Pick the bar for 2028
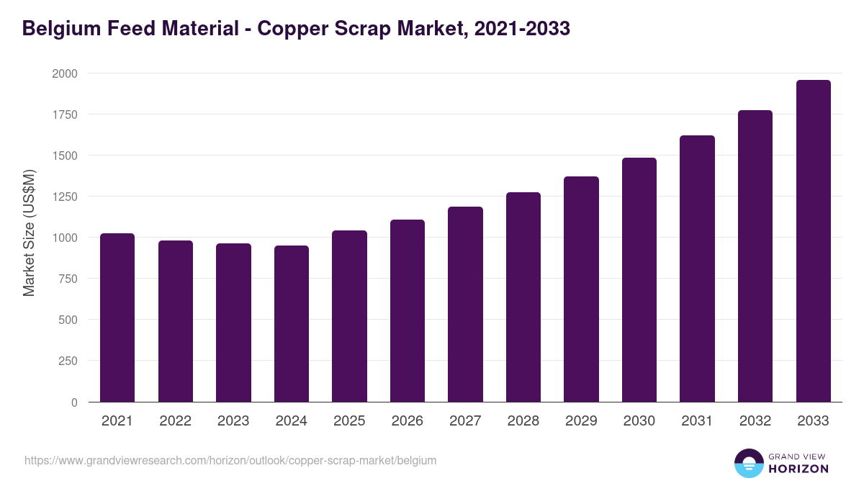tap(523, 297)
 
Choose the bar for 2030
tap(639, 280)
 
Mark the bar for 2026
tap(408, 311)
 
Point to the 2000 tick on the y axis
tap(65, 73)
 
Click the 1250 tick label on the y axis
tap(65, 197)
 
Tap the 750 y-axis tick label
tap(68, 279)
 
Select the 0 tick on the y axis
tap(74, 402)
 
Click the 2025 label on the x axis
tap(349, 421)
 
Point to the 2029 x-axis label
tap(581, 421)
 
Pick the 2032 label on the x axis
tap(755, 421)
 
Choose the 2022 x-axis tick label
tap(176, 421)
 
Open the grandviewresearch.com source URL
tap(230, 460)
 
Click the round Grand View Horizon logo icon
tap(749, 464)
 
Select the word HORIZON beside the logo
tap(798, 469)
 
